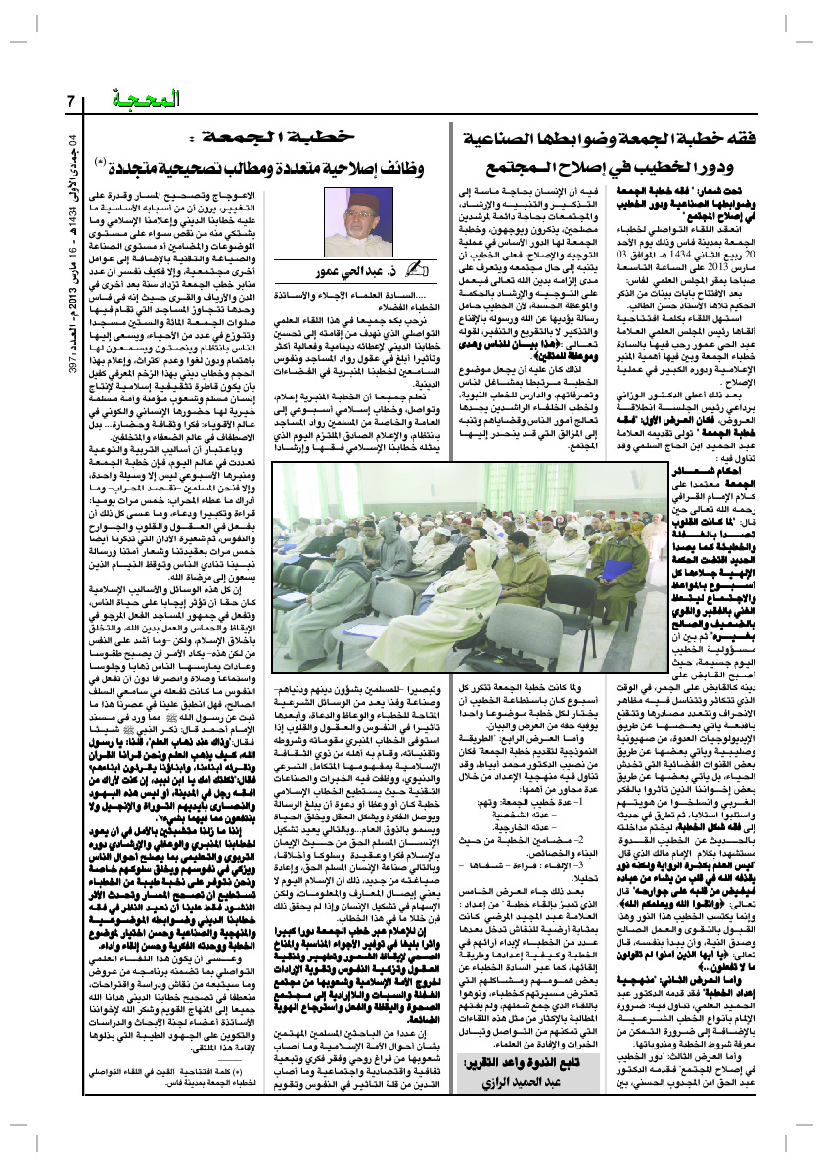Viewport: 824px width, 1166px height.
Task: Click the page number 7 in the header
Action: click(x=70, y=101)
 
